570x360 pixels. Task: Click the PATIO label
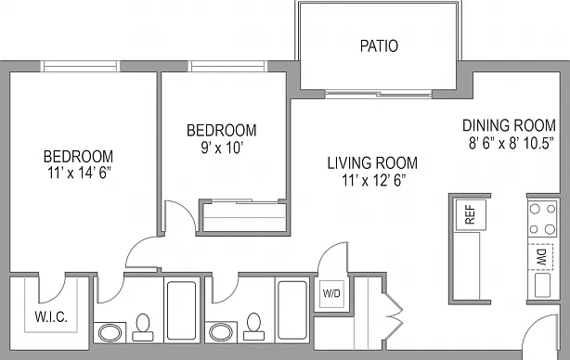pos(379,46)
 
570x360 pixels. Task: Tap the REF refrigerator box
pos(471,214)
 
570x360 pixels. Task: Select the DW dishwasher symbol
pos(541,257)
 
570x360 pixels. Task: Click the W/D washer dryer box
pos(331,293)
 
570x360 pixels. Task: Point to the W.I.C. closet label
pos(51,316)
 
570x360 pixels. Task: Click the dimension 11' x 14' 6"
pos(79,174)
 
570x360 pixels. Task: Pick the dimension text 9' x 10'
pos(222,148)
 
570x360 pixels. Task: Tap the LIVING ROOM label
pos(372,163)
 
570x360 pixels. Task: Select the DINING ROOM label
pos(509,125)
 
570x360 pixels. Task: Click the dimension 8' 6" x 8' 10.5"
pos(511,144)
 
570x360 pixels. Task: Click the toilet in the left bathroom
pos(143,328)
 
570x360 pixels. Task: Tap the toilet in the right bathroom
pos(253,327)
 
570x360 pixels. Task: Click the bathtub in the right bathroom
pos(292,310)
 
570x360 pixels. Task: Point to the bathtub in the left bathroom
pos(181,310)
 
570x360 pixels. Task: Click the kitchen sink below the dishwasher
pos(542,285)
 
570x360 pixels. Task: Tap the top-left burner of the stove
pos(535,209)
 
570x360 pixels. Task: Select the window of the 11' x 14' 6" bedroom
pos(80,67)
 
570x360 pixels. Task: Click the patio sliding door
pos(379,95)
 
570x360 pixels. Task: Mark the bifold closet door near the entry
pos(395,315)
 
